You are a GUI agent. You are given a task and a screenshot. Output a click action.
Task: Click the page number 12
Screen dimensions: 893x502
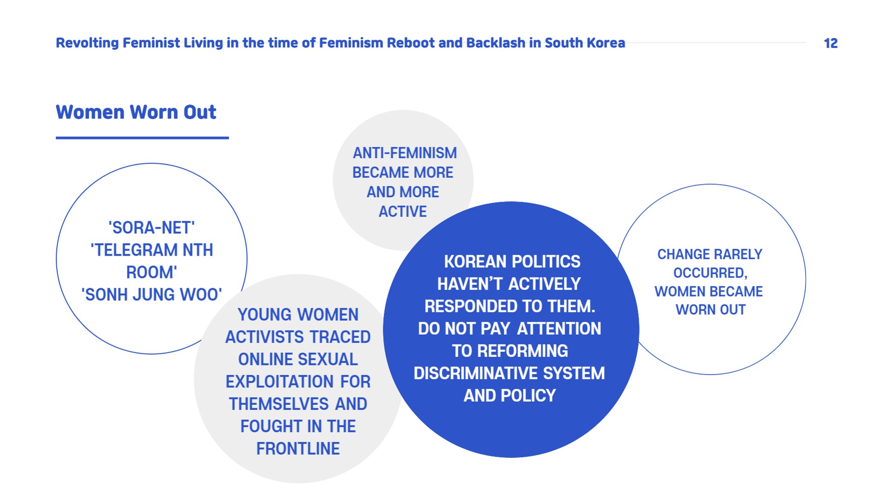point(831,43)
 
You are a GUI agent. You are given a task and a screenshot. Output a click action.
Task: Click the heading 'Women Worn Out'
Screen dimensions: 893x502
point(136,112)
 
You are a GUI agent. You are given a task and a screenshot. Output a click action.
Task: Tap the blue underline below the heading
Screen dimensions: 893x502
point(142,138)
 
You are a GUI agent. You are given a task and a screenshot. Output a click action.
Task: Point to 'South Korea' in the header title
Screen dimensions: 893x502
point(585,43)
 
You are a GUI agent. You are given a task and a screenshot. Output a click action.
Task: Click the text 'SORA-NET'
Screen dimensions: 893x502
point(152,228)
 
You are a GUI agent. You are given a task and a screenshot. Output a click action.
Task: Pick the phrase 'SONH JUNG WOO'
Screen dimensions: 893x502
point(152,295)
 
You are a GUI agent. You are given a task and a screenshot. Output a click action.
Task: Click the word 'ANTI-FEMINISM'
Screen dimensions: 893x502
point(405,153)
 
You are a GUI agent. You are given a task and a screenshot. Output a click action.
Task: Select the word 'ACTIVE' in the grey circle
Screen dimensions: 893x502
point(403,211)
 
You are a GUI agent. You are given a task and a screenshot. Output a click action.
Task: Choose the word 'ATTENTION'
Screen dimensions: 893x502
point(559,329)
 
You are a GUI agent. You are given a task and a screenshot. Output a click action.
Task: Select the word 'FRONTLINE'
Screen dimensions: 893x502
point(298,449)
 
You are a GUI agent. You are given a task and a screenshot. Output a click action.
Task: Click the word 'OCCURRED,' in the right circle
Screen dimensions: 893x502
point(710,273)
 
